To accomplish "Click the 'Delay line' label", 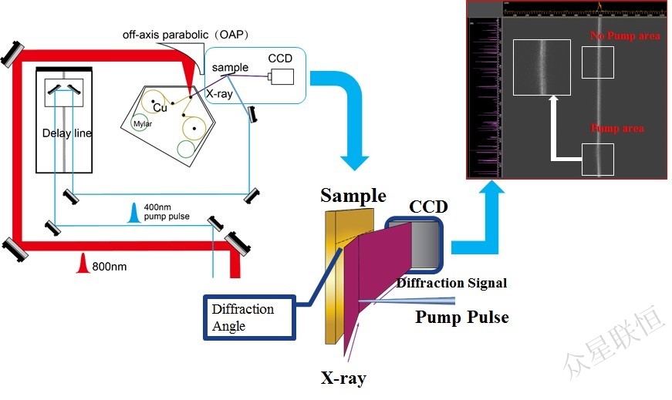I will click(x=67, y=133).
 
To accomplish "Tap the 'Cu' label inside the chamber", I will click(x=160, y=108).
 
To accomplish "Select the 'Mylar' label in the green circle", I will click(x=141, y=123).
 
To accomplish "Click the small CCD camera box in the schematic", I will click(x=282, y=76).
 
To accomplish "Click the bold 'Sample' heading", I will click(x=353, y=195).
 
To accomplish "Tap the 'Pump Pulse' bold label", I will click(x=462, y=317).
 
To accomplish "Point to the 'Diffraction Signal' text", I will click(x=452, y=283).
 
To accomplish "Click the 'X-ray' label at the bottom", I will click(x=343, y=378).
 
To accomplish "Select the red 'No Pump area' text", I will click(x=625, y=36).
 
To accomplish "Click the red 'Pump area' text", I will click(x=617, y=128).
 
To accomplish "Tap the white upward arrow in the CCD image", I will click(x=553, y=123).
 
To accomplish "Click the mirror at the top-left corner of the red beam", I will click(x=13, y=52).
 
